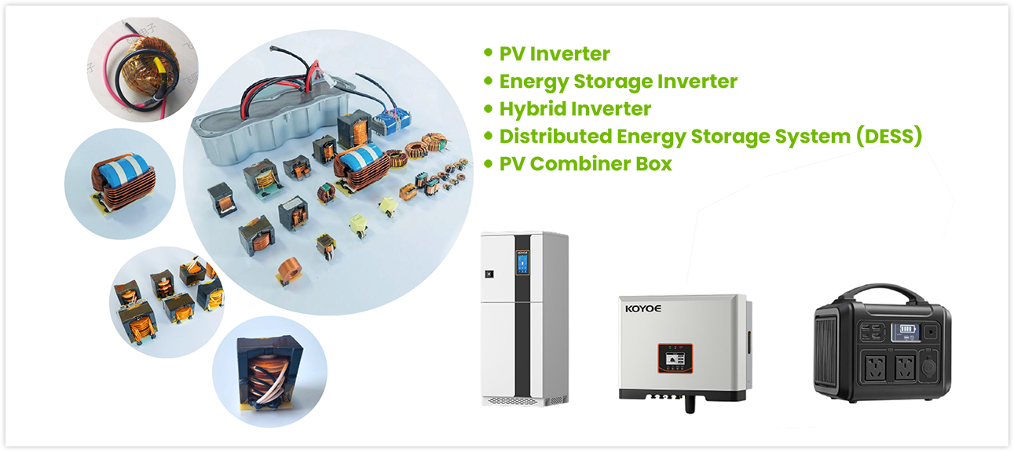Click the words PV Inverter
pos(555,54)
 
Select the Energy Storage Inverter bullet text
pos(618,81)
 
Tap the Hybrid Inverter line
pos(575,108)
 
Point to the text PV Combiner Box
pos(585,164)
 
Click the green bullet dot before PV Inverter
pos(488,53)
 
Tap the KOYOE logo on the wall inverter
pos(642,308)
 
